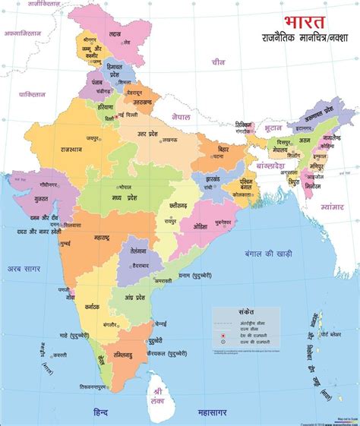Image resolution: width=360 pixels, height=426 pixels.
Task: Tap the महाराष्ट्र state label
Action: coord(96,238)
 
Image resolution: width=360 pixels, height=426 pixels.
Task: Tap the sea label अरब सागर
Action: coord(24,268)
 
